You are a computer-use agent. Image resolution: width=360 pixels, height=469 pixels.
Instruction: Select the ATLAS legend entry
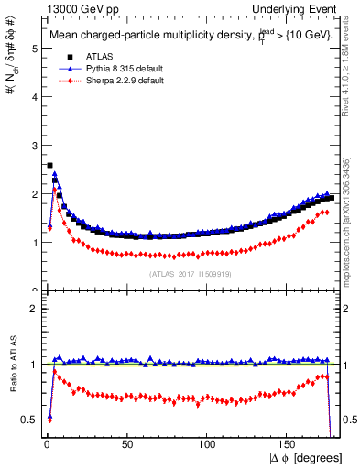click(x=91, y=58)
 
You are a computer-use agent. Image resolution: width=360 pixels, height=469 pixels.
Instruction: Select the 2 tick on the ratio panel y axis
click(x=33, y=309)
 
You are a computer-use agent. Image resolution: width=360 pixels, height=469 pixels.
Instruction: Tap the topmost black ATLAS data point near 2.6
click(x=49, y=166)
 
